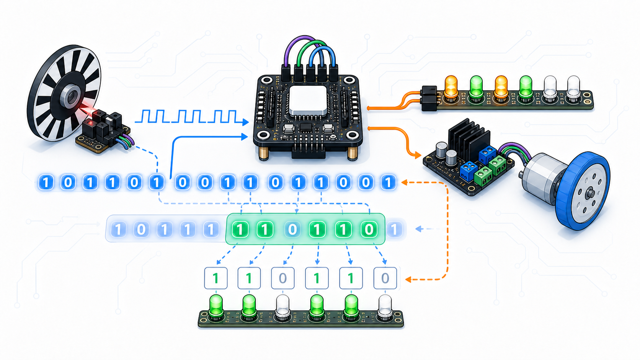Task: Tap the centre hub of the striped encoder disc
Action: [x=72, y=96]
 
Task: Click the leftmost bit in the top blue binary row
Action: [x=46, y=182]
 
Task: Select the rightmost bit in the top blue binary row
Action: [x=388, y=182]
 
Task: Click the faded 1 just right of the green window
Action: [x=394, y=229]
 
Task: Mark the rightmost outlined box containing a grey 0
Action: [x=385, y=278]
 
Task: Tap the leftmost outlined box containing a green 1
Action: [x=216, y=278]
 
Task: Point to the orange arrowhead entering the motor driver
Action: [x=418, y=155]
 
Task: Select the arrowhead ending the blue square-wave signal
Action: [x=245, y=122]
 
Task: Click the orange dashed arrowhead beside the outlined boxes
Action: [x=408, y=280]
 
